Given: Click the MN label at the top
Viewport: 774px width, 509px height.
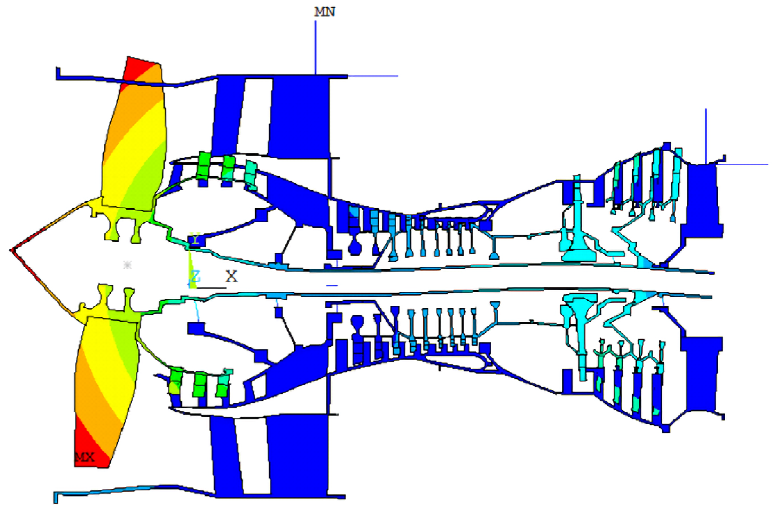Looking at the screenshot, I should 325,12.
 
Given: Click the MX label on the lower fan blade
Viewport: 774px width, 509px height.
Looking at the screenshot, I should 85,457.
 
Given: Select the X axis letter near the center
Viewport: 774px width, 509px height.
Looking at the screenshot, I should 232,277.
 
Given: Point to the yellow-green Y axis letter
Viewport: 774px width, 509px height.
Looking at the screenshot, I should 195,239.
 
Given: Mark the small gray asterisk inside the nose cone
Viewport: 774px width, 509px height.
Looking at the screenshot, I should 127,265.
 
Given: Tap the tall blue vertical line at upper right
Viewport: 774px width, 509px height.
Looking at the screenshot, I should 706,135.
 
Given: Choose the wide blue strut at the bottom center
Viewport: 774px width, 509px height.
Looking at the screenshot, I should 298,458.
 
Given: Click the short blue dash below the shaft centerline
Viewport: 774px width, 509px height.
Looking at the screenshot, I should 332,285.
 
